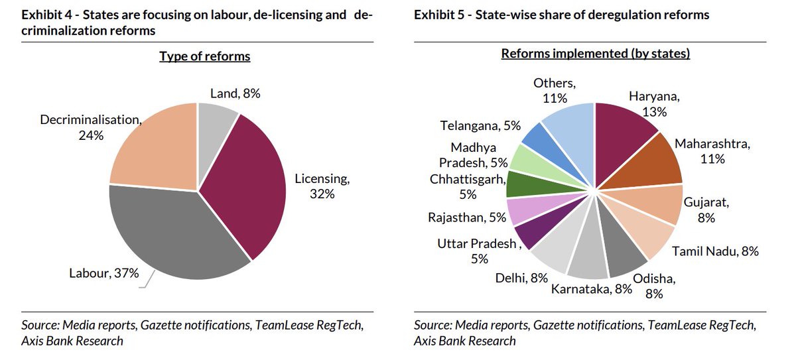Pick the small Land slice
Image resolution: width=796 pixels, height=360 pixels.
tap(216, 123)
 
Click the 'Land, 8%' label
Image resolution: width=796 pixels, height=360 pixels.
tap(235, 93)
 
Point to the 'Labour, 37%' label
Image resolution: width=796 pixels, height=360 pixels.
tap(104, 272)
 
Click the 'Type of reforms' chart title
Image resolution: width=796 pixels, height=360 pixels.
tap(204, 56)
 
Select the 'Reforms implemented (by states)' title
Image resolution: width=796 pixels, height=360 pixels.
tap(595, 54)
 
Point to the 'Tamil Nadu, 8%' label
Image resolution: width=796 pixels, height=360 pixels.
tap(715, 251)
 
